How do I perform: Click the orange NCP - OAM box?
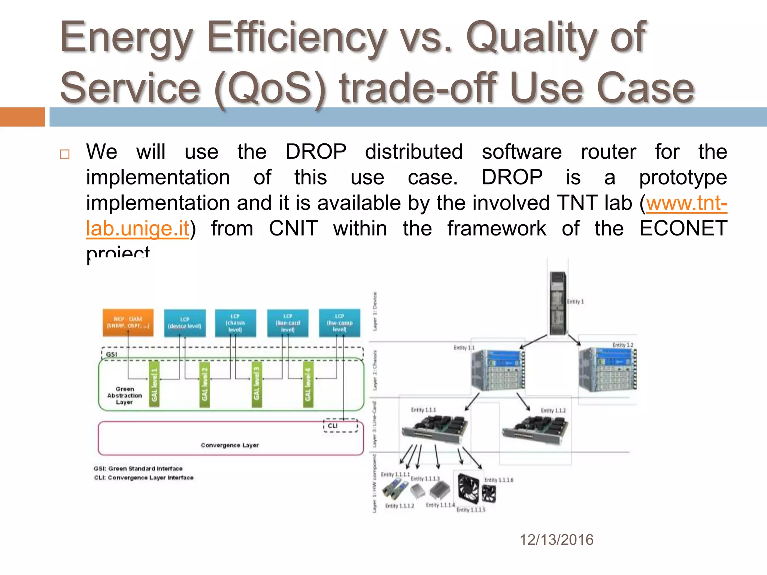click(128, 322)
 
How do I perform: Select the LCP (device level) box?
click(185, 323)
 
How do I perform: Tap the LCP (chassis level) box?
click(235, 323)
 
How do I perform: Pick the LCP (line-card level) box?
click(288, 323)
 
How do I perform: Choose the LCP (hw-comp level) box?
click(339, 323)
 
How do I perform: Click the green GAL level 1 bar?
click(154, 384)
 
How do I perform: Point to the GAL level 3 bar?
click(257, 384)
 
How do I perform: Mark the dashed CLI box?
click(340, 426)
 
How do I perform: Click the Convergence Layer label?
click(230, 445)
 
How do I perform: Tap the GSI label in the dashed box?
click(111, 354)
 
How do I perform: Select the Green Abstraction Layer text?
click(125, 396)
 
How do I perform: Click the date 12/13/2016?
click(556, 540)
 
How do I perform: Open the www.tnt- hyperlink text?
click(686, 203)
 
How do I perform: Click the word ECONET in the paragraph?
click(683, 228)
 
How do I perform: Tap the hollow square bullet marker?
click(65, 154)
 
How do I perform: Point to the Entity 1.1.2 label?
click(553, 411)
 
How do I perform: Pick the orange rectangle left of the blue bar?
click(22, 117)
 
